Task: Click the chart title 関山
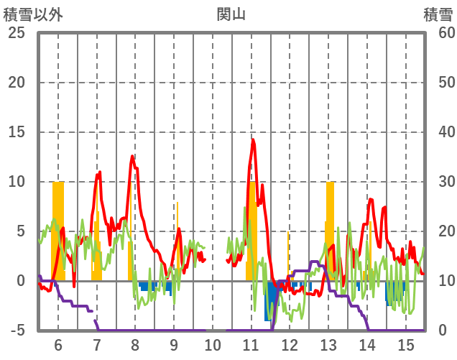pos(231,14)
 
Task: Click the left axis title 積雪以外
pos(33,14)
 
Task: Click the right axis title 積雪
pos(438,14)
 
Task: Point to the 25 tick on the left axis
pos(16,33)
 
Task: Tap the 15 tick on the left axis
pos(16,132)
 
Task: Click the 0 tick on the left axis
pos(22,281)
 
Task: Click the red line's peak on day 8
pos(132,156)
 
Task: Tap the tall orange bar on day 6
pos(58,230)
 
